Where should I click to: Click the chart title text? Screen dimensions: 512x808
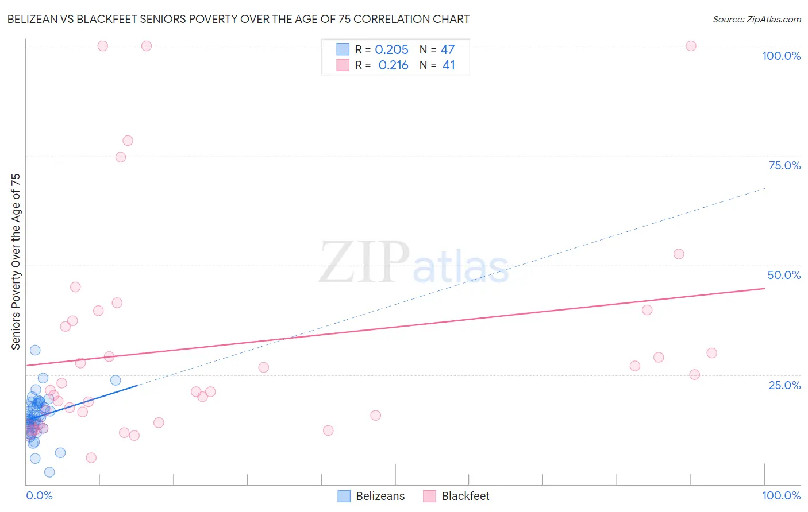(238, 19)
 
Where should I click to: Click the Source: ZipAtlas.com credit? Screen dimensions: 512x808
(756, 19)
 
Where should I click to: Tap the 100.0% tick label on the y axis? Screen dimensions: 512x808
(781, 56)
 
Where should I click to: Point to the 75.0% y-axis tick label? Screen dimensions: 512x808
(784, 165)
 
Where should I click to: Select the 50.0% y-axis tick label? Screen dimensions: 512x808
(784, 275)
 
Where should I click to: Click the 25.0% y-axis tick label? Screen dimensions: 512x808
(784, 385)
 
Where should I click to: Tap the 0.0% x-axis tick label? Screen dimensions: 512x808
(39, 495)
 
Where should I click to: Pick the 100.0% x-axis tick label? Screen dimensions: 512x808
(781, 495)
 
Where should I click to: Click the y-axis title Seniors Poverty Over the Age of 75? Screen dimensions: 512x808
(16, 261)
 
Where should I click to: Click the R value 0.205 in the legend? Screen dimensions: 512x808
(391, 50)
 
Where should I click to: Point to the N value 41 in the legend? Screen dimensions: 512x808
(448, 65)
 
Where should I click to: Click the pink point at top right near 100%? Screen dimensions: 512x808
(691, 46)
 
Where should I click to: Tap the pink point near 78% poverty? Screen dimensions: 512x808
(128, 141)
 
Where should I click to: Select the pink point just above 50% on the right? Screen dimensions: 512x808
(679, 254)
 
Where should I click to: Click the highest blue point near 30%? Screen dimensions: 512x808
(35, 350)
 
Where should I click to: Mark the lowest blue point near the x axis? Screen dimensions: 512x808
(49, 472)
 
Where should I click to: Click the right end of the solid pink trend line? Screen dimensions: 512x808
(764, 289)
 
